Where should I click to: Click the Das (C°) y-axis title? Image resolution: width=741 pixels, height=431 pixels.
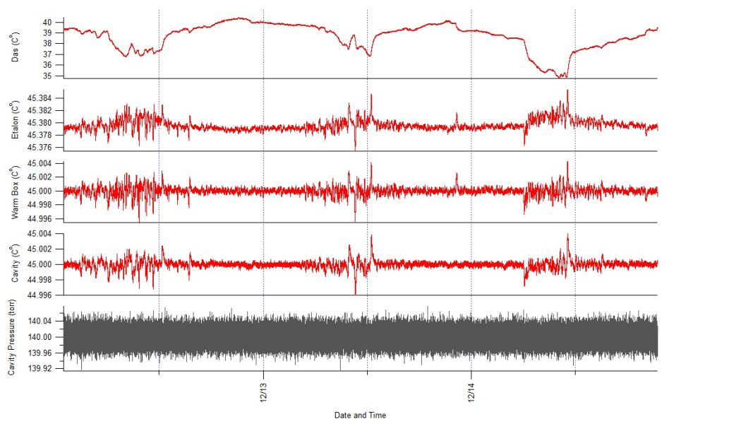click(16, 49)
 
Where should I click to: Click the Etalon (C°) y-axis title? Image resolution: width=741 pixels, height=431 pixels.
click(16, 119)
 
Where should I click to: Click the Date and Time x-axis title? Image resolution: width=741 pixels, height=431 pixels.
click(360, 415)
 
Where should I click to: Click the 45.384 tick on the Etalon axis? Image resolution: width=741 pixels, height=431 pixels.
click(41, 98)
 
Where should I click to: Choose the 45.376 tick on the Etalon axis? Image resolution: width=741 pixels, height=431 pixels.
click(41, 148)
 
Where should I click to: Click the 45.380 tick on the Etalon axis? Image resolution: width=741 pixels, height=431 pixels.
click(41, 123)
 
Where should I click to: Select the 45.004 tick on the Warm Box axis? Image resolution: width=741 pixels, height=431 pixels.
click(41, 163)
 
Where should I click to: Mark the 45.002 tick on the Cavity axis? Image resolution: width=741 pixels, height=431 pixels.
click(41, 249)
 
